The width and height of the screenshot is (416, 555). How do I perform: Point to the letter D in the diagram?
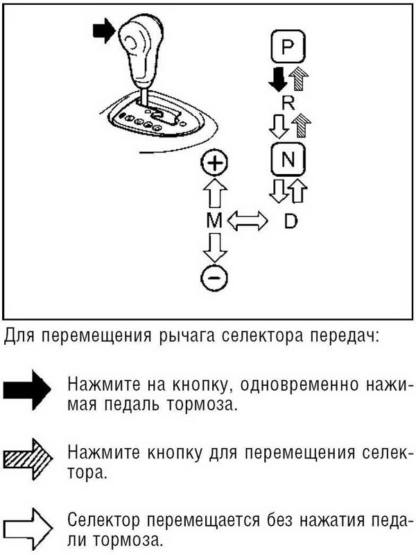(x=291, y=221)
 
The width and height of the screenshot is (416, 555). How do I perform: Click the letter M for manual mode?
(x=214, y=221)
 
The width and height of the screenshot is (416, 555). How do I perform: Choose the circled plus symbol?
(x=214, y=164)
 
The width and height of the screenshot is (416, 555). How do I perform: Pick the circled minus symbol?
(x=214, y=278)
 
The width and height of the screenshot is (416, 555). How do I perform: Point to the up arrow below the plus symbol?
(x=214, y=192)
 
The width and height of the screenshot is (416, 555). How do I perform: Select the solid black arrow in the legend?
(x=28, y=393)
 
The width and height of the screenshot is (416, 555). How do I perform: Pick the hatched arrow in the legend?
(x=28, y=459)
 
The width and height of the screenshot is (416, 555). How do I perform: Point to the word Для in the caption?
(x=18, y=338)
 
